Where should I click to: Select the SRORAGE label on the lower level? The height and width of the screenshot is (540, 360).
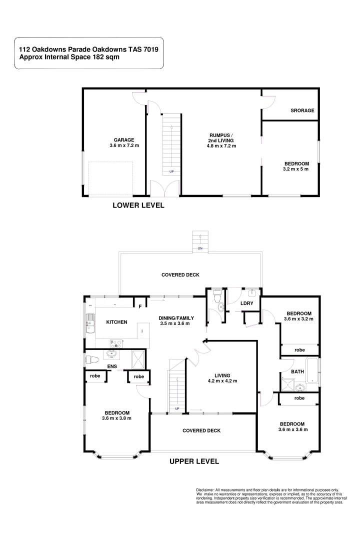[302, 110]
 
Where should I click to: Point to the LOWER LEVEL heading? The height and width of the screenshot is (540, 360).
[138, 205]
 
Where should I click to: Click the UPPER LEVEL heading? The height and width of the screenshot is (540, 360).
[194, 461]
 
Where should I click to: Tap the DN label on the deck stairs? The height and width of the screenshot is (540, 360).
[200, 248]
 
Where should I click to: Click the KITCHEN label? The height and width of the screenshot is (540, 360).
[116, 322]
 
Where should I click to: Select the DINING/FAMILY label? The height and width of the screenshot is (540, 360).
[176, 318]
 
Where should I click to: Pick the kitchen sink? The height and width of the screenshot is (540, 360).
[90, 323]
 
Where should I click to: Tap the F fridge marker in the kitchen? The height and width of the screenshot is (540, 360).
[140, 305]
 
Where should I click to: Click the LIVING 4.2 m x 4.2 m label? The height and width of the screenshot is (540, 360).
[222, 378]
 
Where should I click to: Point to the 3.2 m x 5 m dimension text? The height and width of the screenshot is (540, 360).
[296, 169]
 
